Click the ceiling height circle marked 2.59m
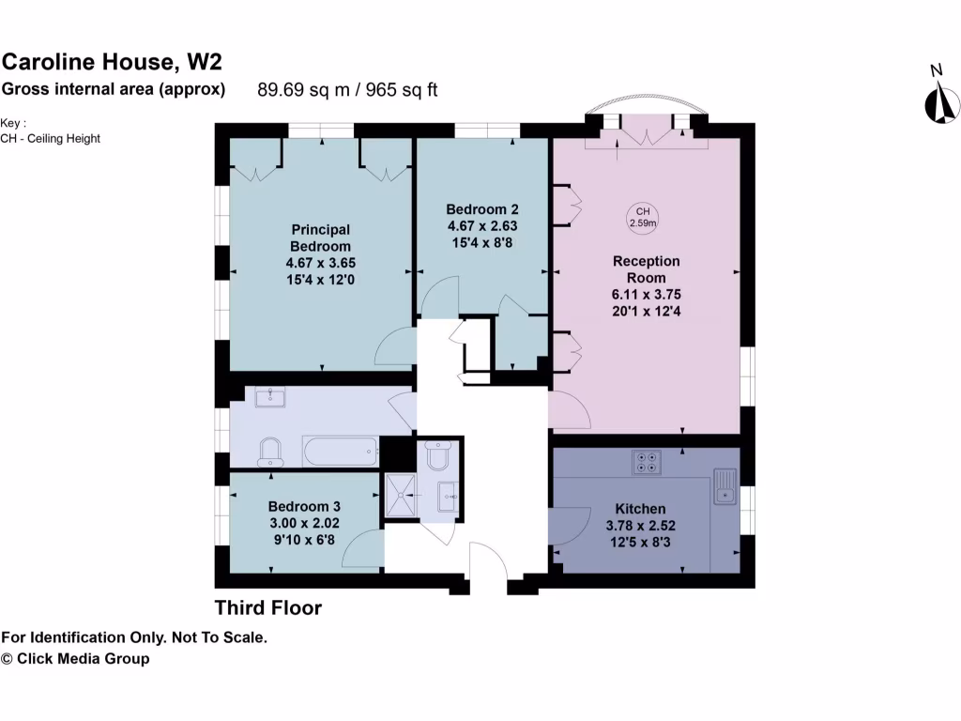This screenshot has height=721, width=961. (643, 217)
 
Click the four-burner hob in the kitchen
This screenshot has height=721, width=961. (647, 462)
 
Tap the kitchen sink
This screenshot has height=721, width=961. (725, 487)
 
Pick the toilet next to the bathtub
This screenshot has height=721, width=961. (269, 451)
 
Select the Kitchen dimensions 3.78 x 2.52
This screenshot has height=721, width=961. (642, 526)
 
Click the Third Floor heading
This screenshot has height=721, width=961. (268, 608)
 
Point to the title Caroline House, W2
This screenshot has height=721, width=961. (112, 63)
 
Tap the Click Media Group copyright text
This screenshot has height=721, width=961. (75, 659)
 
